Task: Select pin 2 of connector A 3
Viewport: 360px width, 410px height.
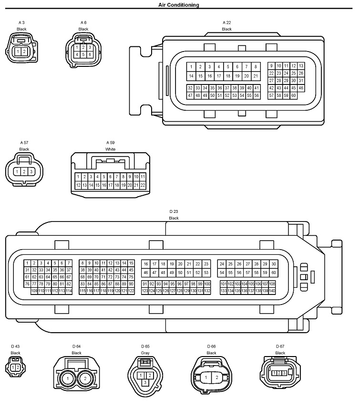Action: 24,51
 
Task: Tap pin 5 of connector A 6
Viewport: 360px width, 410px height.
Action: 83,55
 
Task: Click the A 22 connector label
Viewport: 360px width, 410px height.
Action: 226,22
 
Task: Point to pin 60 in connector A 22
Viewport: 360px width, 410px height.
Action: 293,95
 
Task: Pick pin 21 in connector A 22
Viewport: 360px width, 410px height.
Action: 256,76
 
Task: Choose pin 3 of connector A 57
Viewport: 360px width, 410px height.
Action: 31,171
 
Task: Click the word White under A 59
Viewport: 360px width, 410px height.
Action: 111,149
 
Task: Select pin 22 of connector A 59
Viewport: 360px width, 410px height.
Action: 143,185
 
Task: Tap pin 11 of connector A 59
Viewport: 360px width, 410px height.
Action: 143,177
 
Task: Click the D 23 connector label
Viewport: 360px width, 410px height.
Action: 174,211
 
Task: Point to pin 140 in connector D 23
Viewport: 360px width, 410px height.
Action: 272,291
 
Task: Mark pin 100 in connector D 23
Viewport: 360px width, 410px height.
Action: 207,284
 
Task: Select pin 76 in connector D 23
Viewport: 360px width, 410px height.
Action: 27,284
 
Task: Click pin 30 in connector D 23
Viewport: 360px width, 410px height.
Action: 273,263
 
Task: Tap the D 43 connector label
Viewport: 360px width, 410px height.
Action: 15,347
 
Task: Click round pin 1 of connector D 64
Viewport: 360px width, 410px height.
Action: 68,378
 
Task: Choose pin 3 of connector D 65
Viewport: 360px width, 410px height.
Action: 145,382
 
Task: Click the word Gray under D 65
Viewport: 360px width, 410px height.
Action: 145,353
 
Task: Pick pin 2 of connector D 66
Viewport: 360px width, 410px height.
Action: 217,378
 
